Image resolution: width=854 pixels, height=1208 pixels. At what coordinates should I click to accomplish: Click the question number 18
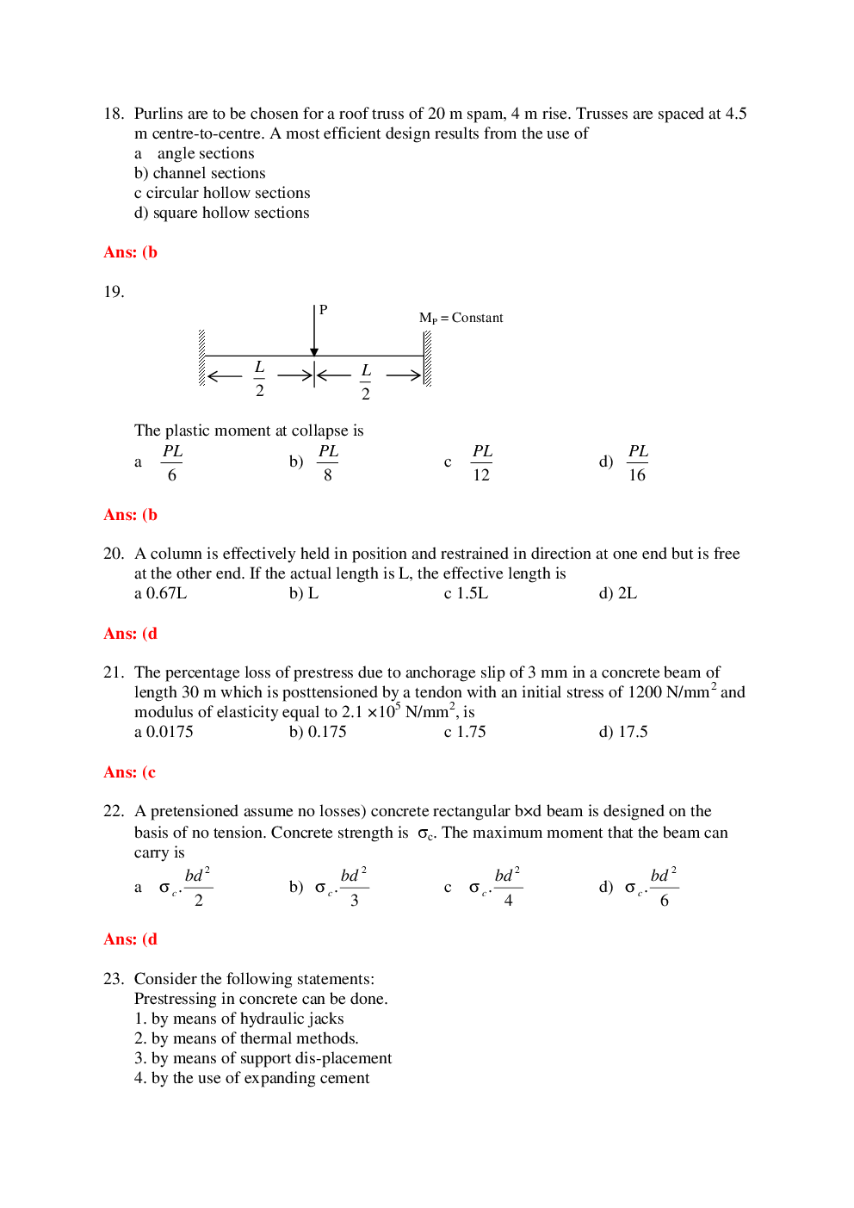tap(113, 114)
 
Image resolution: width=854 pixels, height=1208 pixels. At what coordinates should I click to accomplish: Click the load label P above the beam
tap(324, 310)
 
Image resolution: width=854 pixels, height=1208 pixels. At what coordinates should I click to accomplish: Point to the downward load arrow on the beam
tap(314, 331)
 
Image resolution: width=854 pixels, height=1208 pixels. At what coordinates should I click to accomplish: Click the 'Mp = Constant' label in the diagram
tap(461, 318)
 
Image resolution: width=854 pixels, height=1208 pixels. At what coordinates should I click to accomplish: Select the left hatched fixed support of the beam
tap(201, 357)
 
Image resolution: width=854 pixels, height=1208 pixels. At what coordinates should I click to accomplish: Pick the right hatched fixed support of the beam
tap(427, 358)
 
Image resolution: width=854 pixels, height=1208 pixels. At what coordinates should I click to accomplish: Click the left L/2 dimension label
tap(259, 378)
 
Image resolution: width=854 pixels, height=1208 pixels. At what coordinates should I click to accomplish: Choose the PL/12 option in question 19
tap(481, 462)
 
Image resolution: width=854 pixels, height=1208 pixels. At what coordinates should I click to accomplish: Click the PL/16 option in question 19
tap(637, 462)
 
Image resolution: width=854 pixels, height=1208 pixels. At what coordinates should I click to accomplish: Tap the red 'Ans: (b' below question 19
tap(130, 515)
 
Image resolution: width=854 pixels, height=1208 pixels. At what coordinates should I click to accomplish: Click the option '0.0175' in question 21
tap(170, 732)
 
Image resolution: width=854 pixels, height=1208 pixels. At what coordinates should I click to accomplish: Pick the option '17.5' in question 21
tap(633, 732)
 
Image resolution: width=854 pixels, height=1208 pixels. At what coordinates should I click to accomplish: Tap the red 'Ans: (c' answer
tap(130, 772)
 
